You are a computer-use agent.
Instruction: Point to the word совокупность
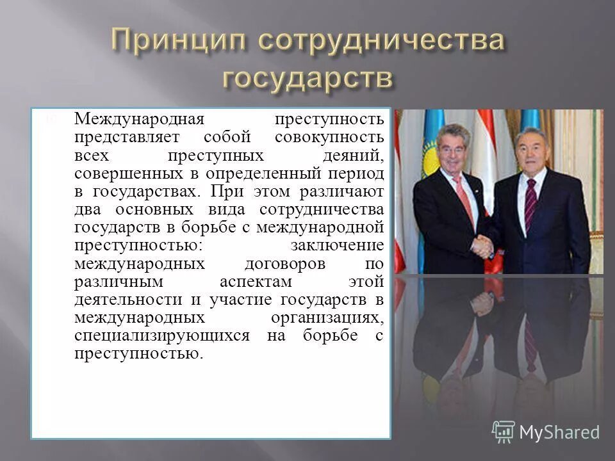pyautogui.click(x=329, y=138)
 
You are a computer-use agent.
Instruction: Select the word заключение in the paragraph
pyautogui.click(x=337, y=246)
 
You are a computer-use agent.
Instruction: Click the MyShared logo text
pyautogui.click(x=559, y=432)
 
